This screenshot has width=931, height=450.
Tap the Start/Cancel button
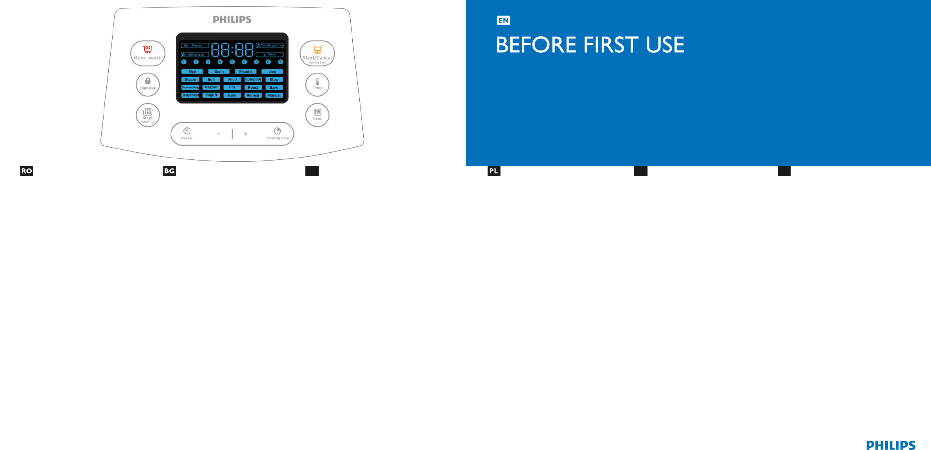tap(317, 54)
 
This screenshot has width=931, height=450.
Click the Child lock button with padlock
tap(148, 84)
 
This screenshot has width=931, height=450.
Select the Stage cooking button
tap(148, 115)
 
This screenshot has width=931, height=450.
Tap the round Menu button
tap(317, 115)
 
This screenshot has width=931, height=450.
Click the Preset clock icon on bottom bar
tap(187, 131)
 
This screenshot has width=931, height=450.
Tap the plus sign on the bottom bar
tap(246, 134)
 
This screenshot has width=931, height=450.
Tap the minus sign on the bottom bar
tap(218, 134)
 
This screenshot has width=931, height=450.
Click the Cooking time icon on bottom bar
tap(277, 131)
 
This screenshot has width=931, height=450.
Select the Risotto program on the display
tap(246, 72)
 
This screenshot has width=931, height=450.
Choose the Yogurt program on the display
tap(211, 95)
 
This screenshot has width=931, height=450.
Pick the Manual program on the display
tap(274, 95)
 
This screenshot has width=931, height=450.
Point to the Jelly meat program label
tap(190, 95)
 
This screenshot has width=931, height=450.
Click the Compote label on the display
tap(253, 80)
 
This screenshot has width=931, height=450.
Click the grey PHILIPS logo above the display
tap(232, 20)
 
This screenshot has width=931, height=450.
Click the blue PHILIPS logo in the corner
tap(891, 445)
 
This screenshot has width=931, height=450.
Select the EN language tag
tap(503, 20)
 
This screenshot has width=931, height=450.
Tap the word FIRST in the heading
tap(611, 45)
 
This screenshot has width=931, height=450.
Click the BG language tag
tap(169, 171)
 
